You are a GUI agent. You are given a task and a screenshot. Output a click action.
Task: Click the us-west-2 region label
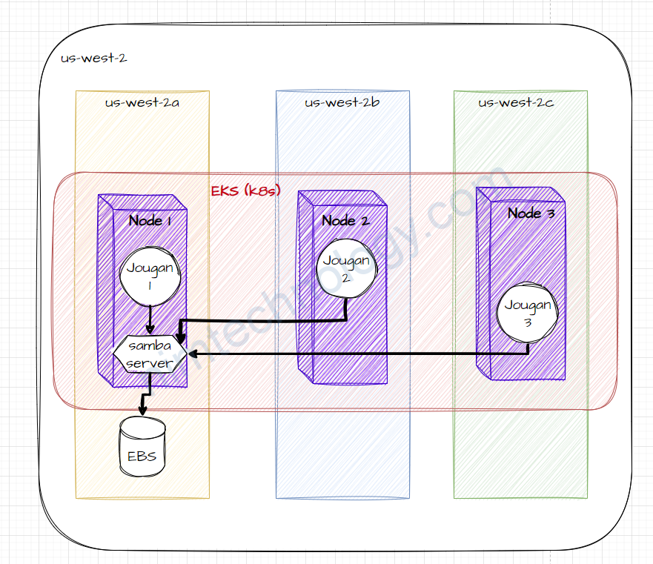tap(93, 58)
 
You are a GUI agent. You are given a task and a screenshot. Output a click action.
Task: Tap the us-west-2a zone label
tap(142, 102)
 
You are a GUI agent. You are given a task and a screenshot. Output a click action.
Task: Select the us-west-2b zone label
tap(342, 102)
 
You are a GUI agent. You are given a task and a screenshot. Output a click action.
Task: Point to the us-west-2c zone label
tap(517, 102)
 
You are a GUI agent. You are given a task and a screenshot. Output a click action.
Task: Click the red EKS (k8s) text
tap(245, 191)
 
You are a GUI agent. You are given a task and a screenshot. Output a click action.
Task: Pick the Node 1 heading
tap(150, 220)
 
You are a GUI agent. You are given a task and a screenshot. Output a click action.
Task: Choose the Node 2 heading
tap(345, 220)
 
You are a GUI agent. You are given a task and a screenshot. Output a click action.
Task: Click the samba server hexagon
tap(150, 355)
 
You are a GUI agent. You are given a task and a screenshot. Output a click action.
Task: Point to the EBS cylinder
tap(142, 448)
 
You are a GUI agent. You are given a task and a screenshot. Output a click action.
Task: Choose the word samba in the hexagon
tap(150, 347)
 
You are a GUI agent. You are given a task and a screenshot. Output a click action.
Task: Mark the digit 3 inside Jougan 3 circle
tap(527, 322)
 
